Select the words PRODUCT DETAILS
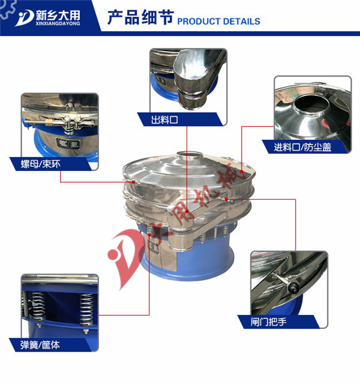pos(219,21)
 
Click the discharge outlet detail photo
pos(188,81)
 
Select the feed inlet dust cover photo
pos(313,108)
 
